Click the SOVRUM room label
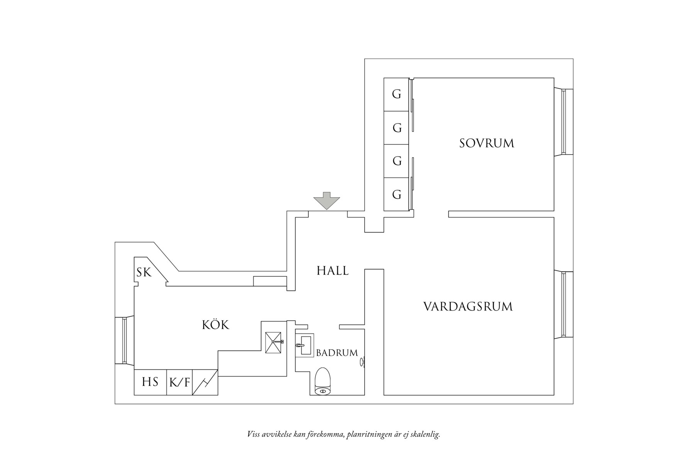pos(486,143)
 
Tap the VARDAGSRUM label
pos(468,307)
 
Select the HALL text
pos(332,270)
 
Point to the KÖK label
pos(215,325)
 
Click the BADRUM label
pos(337,353)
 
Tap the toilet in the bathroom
pos(323,382)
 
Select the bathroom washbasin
pos(305,345)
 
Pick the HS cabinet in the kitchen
pos(150,382)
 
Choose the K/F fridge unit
pos(179,382)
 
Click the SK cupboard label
pos(144,272)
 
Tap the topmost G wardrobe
pos(396,94)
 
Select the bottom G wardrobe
pos(396,194)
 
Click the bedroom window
pos(564,122)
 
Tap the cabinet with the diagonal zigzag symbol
pos(205,382)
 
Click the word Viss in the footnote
pos(253,434)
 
